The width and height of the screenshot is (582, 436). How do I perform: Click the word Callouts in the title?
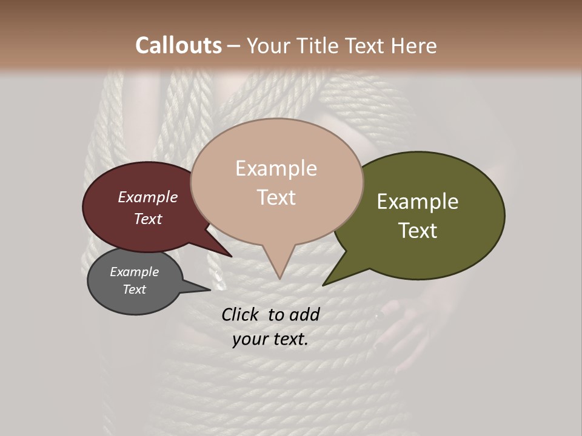pos(178,45)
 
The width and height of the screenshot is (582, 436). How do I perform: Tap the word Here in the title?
pos(413,45)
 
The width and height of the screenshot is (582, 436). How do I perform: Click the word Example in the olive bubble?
pos(418,202)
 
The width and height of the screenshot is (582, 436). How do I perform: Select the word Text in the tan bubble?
pos(276,197)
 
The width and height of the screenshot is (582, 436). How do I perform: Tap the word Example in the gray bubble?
pos(135,272)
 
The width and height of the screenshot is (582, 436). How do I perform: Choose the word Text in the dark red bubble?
pos(148,219)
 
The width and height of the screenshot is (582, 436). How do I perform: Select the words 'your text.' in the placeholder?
pos(270,339)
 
